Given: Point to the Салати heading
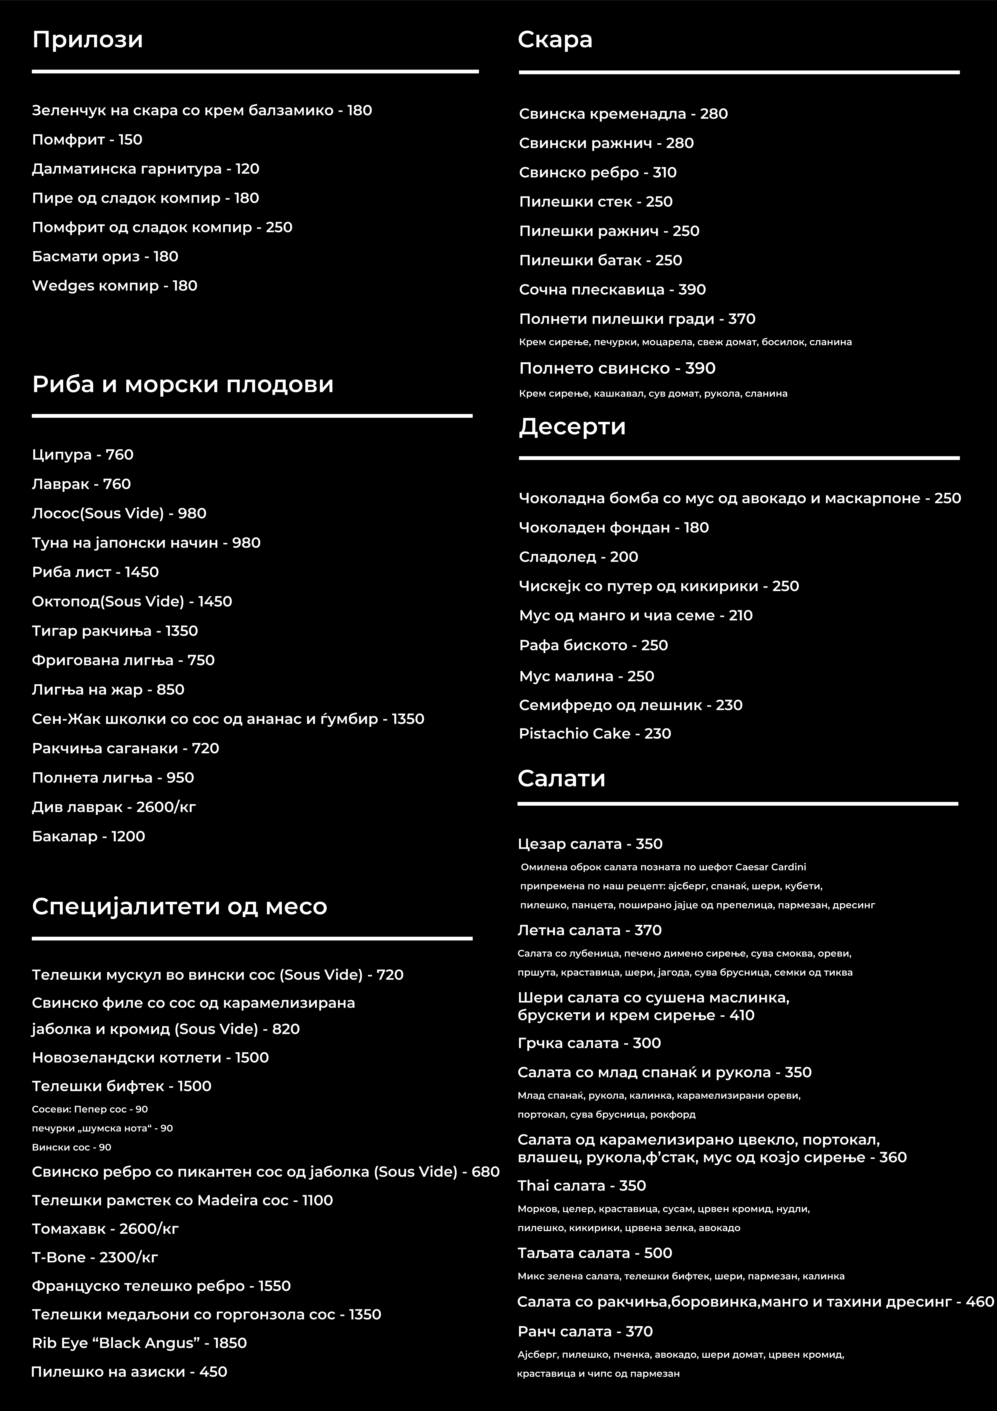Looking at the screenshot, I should [x=561, y=779].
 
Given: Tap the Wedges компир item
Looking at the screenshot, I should [x=114, y=286].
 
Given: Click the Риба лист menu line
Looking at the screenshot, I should [x=95, y=572].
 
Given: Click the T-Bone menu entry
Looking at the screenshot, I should [x=95, y=1257].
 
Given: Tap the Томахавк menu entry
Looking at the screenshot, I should [x=105, y=1229].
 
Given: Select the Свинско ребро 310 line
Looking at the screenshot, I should [x=598, y=173].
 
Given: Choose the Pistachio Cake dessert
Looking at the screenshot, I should [x=594, y=734].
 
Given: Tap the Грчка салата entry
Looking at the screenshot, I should [x=589, y=1043].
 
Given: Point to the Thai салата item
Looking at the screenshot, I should [x=582, y=1186].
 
